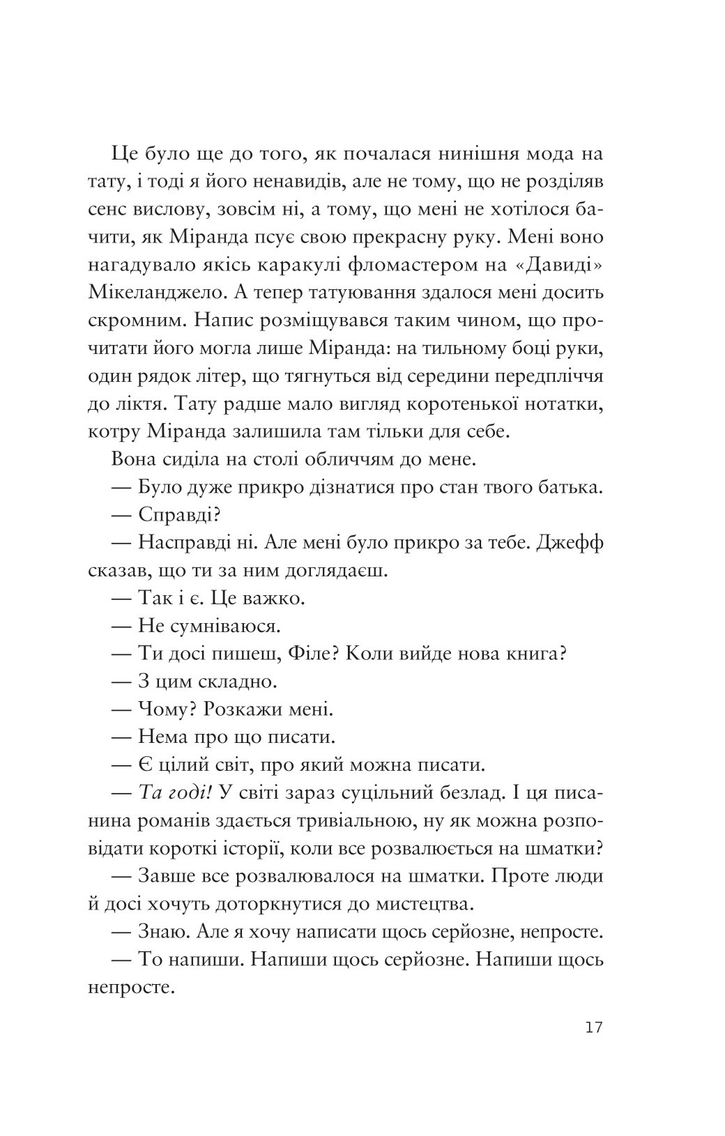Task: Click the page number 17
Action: click(x=594, y=1027)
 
